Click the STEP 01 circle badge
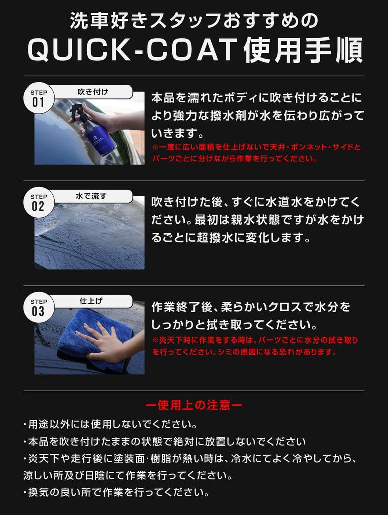(x=39, y=98)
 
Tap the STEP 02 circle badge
(x=39, y=202)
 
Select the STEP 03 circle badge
(x=39, y=307)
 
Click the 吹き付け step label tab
(x=93, y=92)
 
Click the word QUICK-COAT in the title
(x=132, y=51)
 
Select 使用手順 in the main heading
(x=304, y=51)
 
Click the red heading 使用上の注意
(x=193, y=405)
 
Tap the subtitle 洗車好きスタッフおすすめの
(x=193, y=21)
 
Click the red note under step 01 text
(x=256, y=153)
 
